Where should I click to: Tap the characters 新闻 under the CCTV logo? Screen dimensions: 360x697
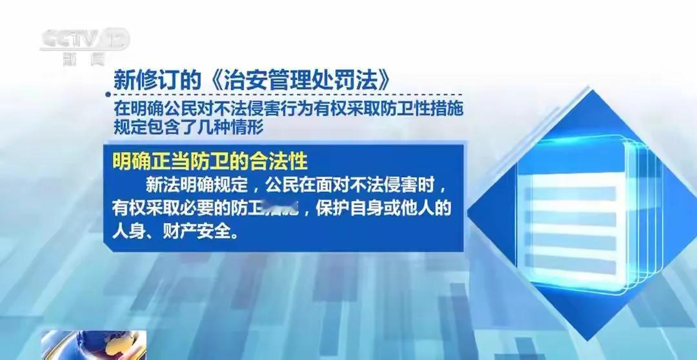click(83, 59)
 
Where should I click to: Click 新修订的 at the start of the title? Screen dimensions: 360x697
click(151, 80)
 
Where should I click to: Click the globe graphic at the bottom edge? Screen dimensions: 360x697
click(94, 346)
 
